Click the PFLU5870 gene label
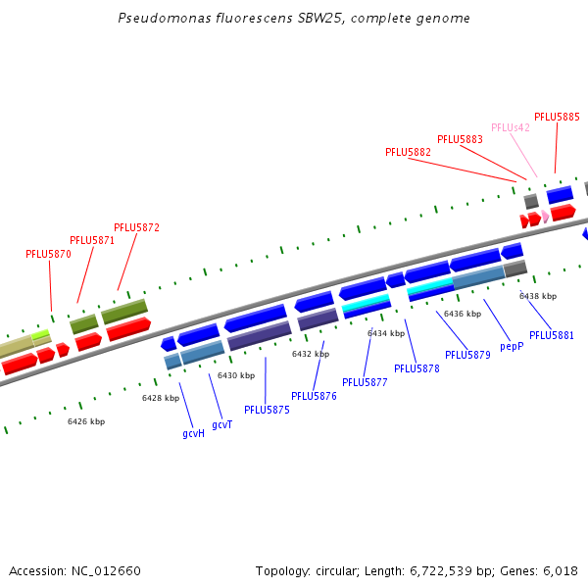(x=48, y=254)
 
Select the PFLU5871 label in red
(x=92, y=240)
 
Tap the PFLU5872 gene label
(x=136, y=227)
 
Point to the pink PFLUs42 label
(x=510, y=127)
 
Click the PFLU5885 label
(x=557, y=117)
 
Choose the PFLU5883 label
(x=460, y=139)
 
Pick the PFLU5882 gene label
(x=408, y=152)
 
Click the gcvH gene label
(x=193, y=432)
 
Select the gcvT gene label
(x=221, y=423)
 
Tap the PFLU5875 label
(x=267, y=410)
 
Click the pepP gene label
(x=512, y=346)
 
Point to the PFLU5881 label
(x=552, y=335)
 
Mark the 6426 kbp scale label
(x=86, y=421)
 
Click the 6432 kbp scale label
(x=310, y=354)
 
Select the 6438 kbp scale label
(x=537, y=296)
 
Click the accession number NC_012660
(x=106, y=570)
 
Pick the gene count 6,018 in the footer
(x=560, y=570)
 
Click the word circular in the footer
(x=332, y=570)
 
